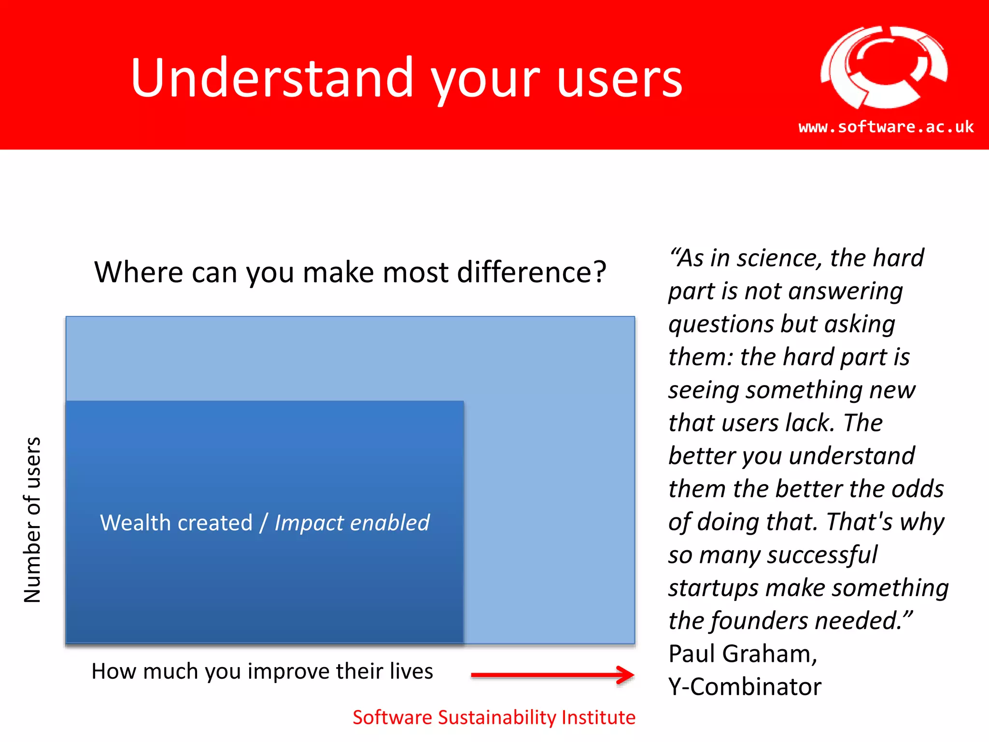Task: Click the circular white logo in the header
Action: pos(883,67)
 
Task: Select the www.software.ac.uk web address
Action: pos(886,127)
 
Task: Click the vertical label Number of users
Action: pos(32,520)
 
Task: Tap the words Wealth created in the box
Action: pos(176,523)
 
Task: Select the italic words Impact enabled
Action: pos(352,523)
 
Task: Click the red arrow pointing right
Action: pos(552,675)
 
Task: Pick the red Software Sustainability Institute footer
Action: pos(494,717)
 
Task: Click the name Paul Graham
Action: pos(742,654)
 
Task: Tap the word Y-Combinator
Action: pos(745,686)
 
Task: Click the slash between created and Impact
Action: pos(263,523)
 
